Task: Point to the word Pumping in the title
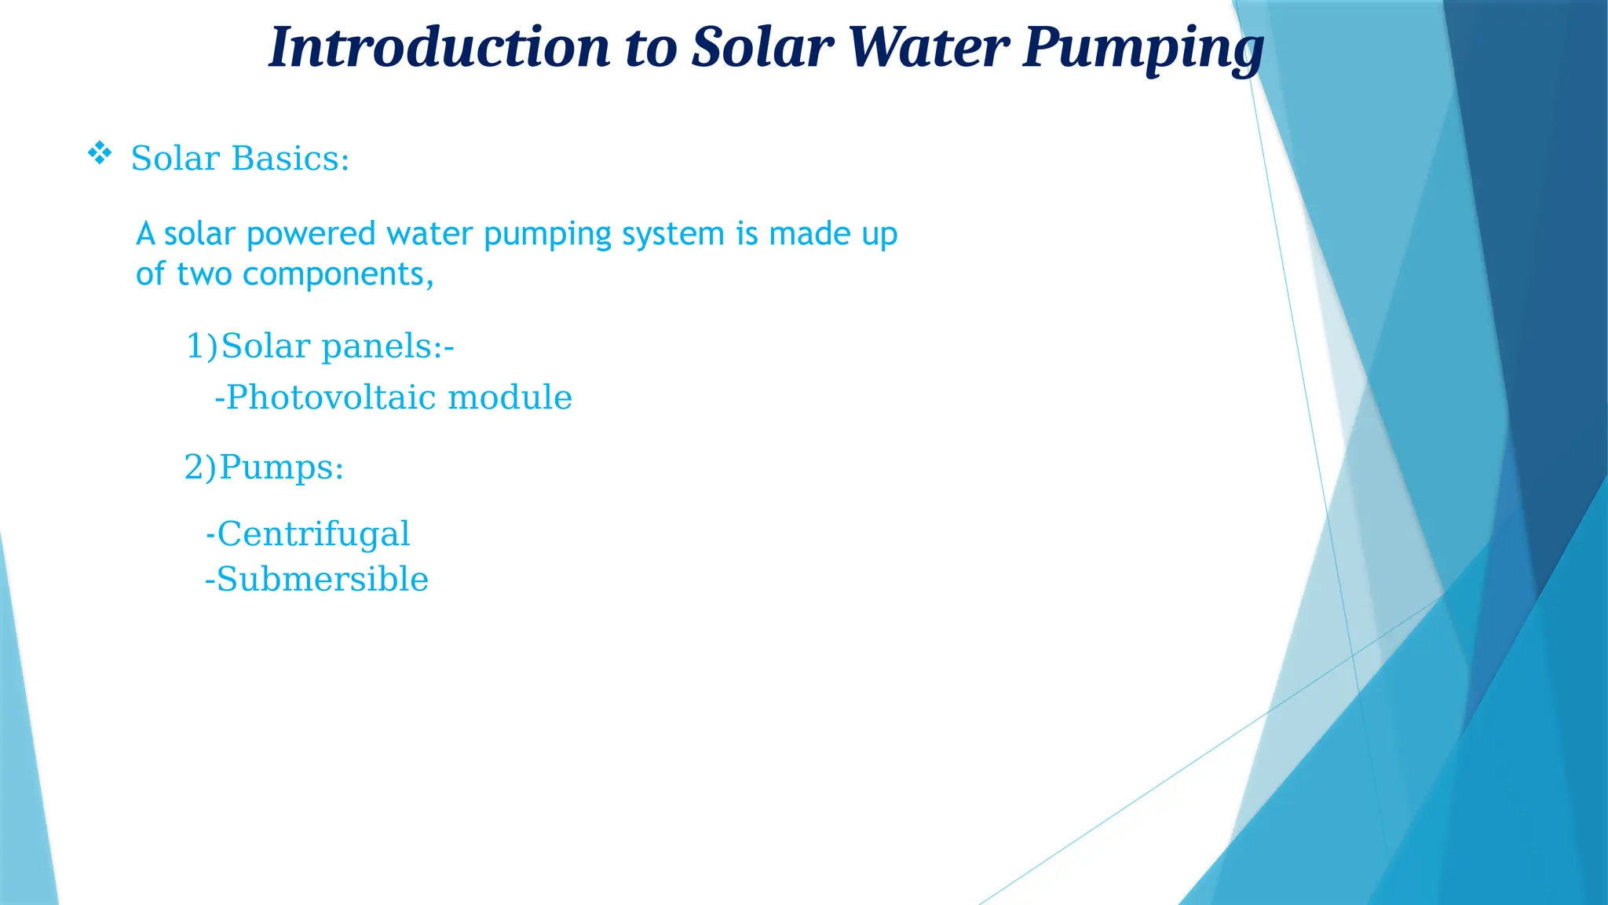point(1142,49)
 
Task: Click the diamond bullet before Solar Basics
point(99,153)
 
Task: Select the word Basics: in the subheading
point(290,159)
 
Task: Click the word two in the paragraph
point(204,275)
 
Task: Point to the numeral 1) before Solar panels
point(201,346)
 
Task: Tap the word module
point(510,398)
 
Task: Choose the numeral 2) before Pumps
point(199,467)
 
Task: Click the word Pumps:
point(282,468)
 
